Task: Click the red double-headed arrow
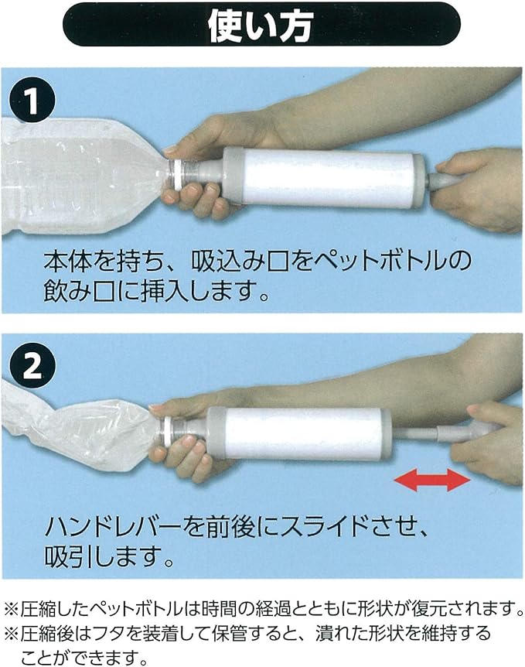[432, 481]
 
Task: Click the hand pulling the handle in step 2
[487, 441]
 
